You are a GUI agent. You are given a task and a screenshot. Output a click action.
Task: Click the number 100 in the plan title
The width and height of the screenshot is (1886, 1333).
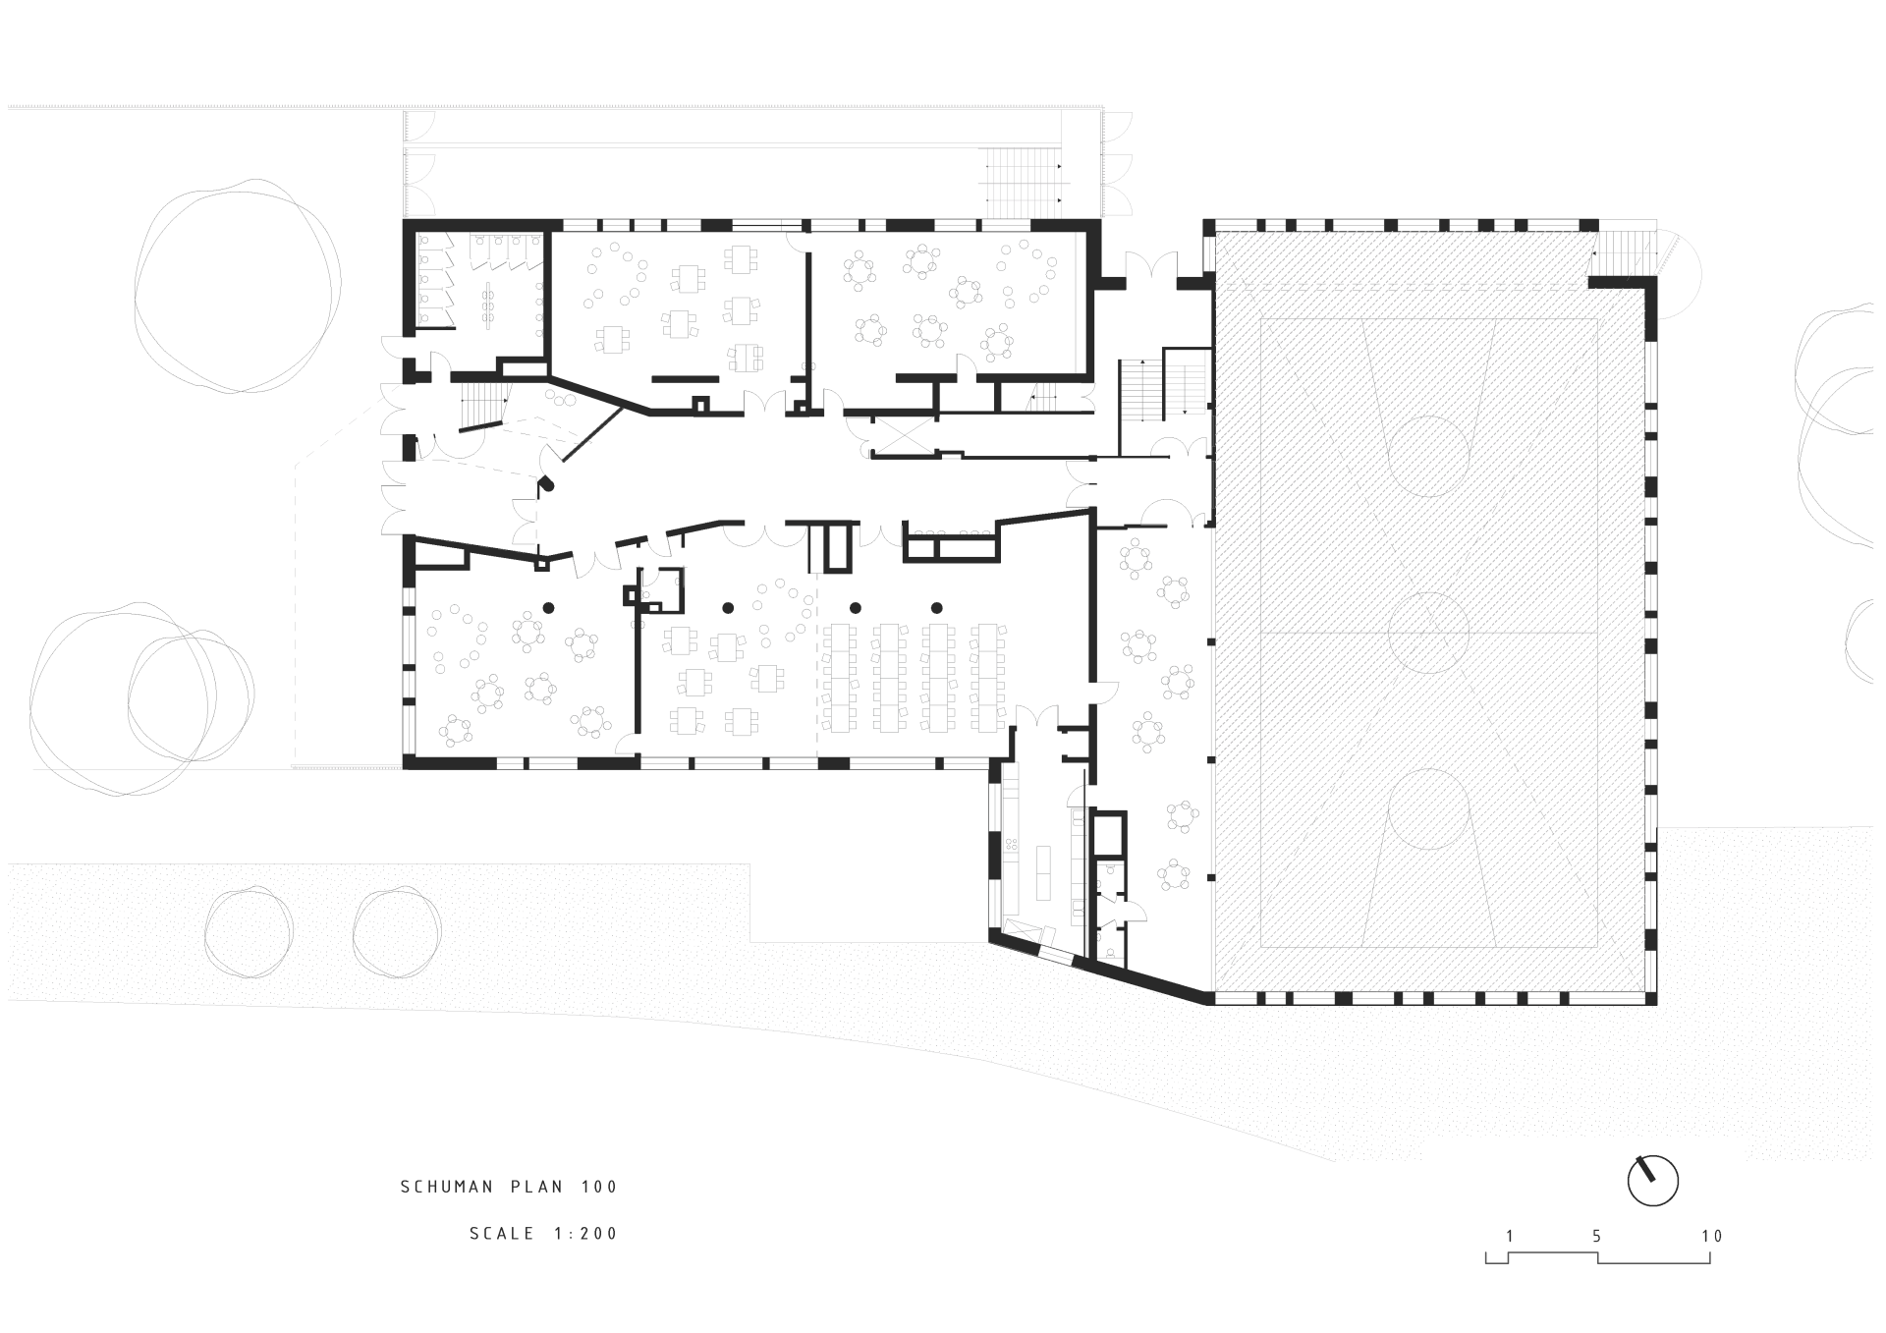(x=598, y=1187)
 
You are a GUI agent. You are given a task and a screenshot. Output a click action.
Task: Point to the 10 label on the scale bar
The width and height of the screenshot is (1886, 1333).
(x=1712, y=1237)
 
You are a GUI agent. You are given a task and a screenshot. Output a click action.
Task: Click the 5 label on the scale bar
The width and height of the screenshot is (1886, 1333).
(x=1597, y=1237)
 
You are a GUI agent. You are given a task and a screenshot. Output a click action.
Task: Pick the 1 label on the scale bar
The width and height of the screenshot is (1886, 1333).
(x=1508, y=1237)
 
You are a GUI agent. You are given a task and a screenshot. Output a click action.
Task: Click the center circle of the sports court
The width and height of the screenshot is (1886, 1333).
(x=1428, y=632)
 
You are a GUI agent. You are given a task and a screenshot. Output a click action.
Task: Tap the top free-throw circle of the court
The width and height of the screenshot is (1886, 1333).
(x=1428, y=456)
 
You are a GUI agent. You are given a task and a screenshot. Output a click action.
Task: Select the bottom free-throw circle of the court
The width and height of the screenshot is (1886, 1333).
(x=1428, y=808)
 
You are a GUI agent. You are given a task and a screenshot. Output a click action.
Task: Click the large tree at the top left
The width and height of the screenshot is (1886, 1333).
(x=237, y=287)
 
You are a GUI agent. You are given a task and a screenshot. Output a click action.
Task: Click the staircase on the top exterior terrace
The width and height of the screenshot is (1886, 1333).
(x=1023, y=183)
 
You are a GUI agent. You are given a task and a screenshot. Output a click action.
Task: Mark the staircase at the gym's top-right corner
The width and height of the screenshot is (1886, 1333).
(x=1621, y=252)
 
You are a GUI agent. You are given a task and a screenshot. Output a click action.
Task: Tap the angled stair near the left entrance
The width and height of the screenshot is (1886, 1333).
(x=484, y=406)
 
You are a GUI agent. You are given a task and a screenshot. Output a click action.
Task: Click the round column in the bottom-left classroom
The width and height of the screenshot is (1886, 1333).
(x=548, y=607)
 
